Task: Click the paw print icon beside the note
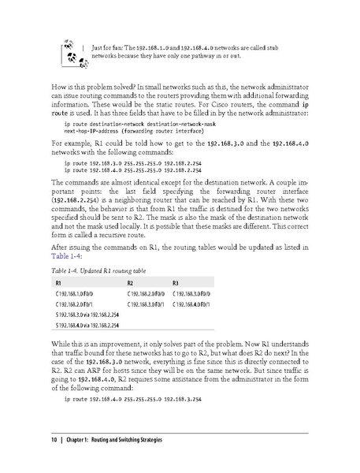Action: (67, 51)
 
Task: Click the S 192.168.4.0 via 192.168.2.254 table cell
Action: (87, 324)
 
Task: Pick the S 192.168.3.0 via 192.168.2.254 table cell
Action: (87, 314)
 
